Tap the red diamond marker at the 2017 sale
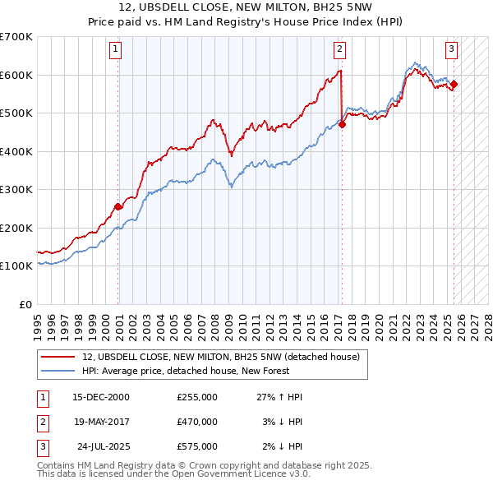click(342, 125)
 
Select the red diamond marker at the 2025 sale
click(454, 84)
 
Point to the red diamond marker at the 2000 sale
click(118, 206)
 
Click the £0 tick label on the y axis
click(25, 304)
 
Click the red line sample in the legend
click(58, 357)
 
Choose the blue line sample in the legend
click(58, 372)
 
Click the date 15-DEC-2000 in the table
click(101, 397)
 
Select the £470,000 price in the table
click(197, 422)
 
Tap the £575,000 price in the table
click(197, 446)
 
